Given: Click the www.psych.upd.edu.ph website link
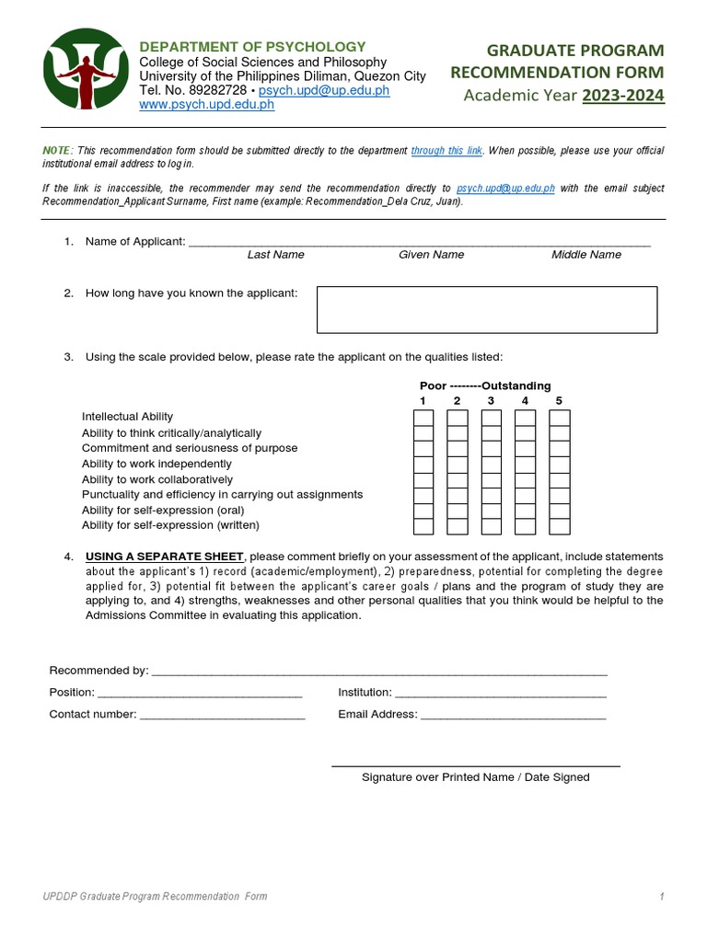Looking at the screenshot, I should click(206, 105).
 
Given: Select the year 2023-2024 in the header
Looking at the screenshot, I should click(623, 96).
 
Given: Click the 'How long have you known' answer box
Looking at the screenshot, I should click(487, 309).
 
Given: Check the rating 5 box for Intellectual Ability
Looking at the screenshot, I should click(560, 419).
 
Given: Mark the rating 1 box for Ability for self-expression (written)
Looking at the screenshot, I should click(423, 526).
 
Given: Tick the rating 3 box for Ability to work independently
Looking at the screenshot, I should click(492, 465).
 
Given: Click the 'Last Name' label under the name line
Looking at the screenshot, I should click(275, 255).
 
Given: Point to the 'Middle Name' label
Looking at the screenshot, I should click(586, 255).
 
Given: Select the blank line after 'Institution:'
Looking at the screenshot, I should click(501, 694).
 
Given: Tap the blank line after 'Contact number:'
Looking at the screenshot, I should click(223, 716).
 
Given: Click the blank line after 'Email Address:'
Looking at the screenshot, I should click(514, 716).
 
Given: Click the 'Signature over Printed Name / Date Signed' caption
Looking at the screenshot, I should click(476, 777).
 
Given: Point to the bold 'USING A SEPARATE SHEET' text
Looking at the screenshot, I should click(165, 557).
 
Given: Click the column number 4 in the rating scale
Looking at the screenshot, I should click(525, 401).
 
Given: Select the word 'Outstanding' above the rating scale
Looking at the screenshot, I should click(516, 385).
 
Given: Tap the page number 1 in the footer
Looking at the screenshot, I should click(661, 897).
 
